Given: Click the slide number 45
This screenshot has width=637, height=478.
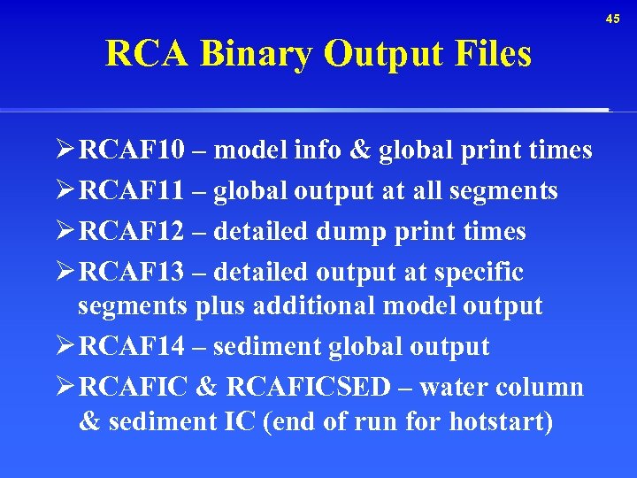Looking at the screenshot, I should (x=614, y=19).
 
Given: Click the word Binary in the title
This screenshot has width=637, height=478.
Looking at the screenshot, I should (x=257, y=55).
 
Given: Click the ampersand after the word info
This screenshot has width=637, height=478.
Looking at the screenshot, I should (x=360, y=151).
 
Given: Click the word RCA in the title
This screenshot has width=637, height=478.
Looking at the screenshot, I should (x=147, y=55).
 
